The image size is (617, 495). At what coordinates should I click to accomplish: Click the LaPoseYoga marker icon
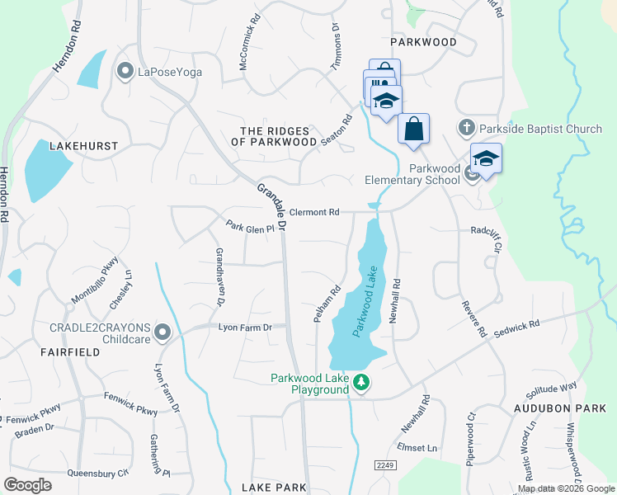[125, 72]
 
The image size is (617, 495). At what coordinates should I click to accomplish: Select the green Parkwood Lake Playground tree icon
[360, 382]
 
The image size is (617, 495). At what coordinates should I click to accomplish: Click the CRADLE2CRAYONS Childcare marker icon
[162, 332]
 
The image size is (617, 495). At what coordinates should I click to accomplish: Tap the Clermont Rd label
[314, 212]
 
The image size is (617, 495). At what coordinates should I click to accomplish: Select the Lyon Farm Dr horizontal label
[245, 328]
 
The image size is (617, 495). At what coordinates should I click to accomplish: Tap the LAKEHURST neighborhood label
[84, 146]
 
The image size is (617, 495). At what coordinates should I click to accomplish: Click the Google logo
[28, 484]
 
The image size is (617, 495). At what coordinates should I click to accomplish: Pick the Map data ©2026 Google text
[566, 488]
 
